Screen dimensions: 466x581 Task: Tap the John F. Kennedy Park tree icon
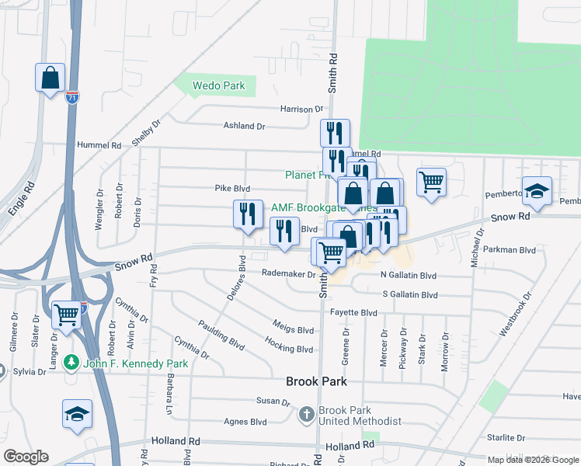point(71,363)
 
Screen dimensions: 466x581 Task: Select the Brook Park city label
point(316,382)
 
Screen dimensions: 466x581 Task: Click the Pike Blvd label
point(232,188)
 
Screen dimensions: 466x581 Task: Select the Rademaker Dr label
point(289,273)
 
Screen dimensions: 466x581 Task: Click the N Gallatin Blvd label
point(409,276)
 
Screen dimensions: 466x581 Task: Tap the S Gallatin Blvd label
point(410,295)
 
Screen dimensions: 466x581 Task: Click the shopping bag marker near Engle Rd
point(50,78)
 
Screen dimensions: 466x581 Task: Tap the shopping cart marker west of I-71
point(67,315)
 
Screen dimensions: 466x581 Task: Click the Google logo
point(26,457)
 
